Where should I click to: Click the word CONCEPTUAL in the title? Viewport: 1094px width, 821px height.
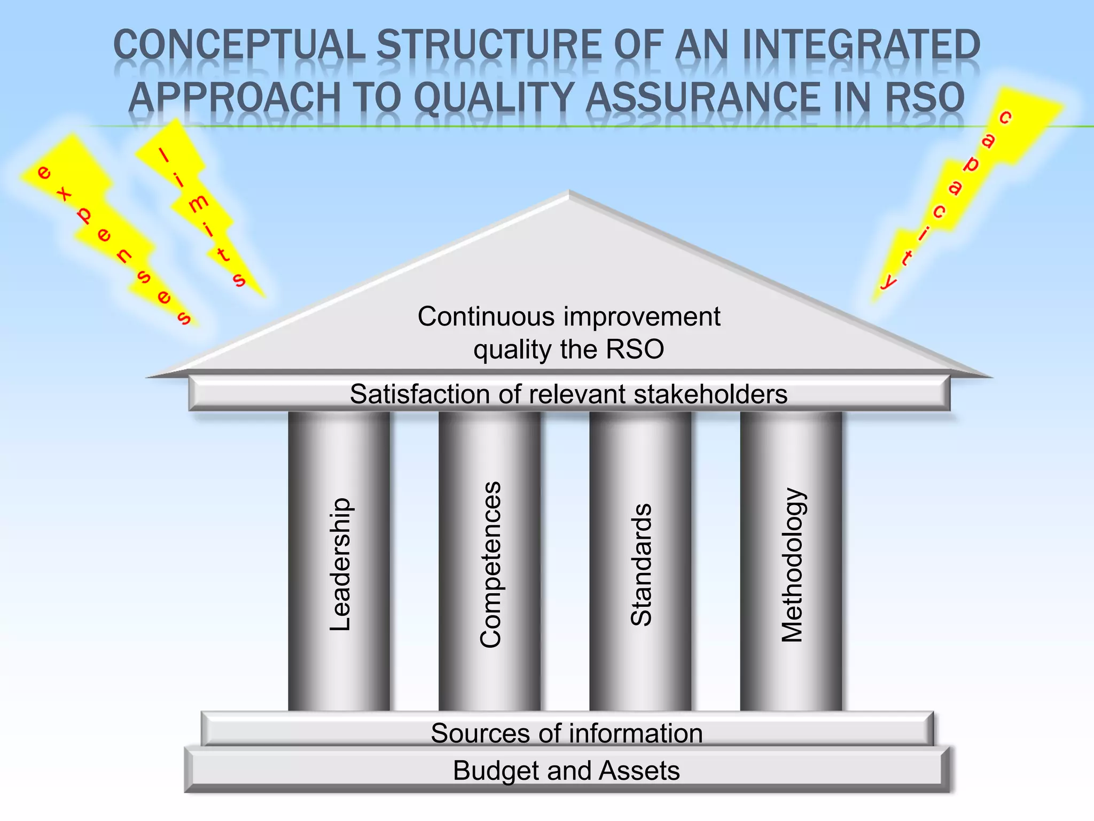pos(239,45)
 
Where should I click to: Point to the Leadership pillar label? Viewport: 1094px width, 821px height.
pos(340,564)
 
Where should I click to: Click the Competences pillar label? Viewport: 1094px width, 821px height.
pos(490,564)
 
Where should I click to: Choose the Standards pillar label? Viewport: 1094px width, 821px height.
pos(641,564)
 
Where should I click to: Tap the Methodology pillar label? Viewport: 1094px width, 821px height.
pos(792,564)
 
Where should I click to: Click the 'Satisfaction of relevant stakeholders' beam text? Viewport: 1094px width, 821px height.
pos(568,394)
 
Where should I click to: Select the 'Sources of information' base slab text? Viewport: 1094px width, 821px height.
pos(567,733)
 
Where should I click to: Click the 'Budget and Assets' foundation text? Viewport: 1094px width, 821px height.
pos(566,771)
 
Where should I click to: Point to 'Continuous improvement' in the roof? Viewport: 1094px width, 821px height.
pos(569,316)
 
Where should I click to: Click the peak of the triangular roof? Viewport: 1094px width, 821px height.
pos(569,193)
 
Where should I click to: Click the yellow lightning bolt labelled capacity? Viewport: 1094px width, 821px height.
pos(962,182)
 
